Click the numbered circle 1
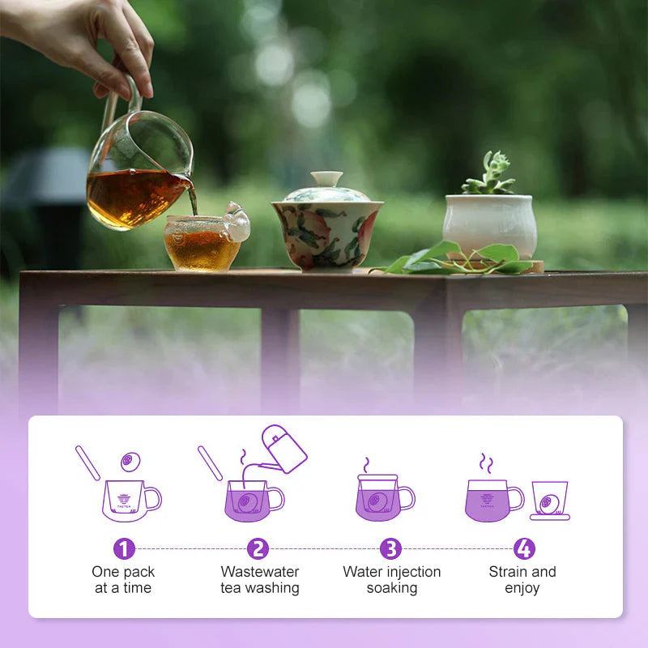pyautogui.click(x=124, y=549)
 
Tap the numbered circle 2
pyautogui.click(x=258, y=549)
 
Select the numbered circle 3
pyautogui.click(x=391, y=549)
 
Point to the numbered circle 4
pyautogui.click(x=524, y=549)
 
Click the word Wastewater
pyautogui.click(x=260, y=572)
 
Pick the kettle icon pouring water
pyautogui.click(x=283, y=449)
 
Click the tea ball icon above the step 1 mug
pyautogui.click(x=130, y=462)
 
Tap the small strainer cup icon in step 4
pyautogui.click(x=550, y=501)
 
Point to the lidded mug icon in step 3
pyautogui.click(x=386, y=497)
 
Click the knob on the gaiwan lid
pyautogui.click(x=327, y=178)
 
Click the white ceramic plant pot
pyautogui.click(x=490, y=225)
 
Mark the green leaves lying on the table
pyautogui.click(x=454, y=258)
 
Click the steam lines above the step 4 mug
pyautogui.click(x=486, y=463)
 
